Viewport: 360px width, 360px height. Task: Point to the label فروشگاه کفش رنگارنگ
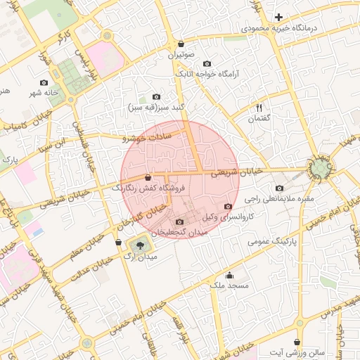(148, 188)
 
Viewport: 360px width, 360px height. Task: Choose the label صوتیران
(181, 53)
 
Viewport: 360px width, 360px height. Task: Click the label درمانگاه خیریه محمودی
(279, 28)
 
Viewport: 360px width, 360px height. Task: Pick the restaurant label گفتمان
(259, 119)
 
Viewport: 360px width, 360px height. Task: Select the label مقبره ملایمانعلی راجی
(280, 199)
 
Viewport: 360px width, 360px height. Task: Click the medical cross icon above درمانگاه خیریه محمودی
(279, 17)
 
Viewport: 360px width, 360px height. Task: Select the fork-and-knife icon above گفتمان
(259, 108)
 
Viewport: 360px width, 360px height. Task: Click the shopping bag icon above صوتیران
(181, 43)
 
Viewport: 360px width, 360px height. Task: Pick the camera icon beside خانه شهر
(44, 83)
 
